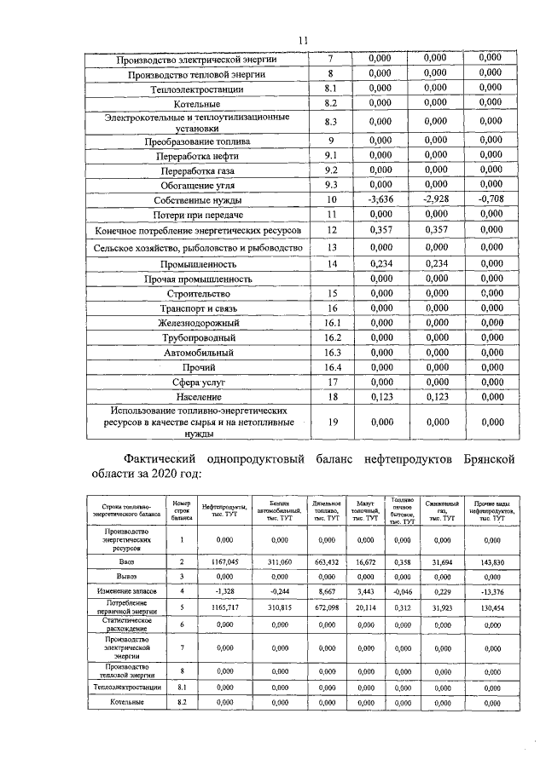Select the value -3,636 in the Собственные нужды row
coord(379,199)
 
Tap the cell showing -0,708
coord(490,199)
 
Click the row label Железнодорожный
coord(198,323)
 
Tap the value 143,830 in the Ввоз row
coord(491,562)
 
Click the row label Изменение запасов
coord(126,590)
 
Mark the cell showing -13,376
coord(491,590)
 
